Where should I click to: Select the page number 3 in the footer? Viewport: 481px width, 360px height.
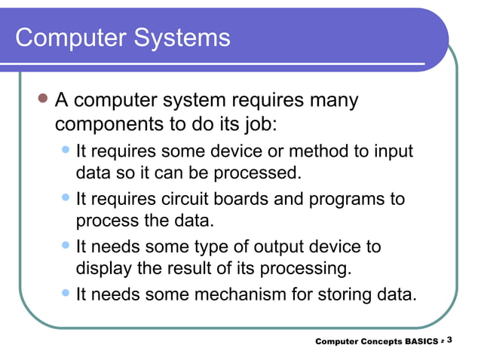pyautogui.click(x=449, y=340)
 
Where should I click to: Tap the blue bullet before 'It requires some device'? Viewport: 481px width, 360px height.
pyautogui.click(x=66, y=151)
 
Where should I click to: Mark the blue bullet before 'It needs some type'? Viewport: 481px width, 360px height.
pyautogui.click(x=66, y=246)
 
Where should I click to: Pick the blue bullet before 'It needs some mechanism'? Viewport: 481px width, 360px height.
pyautogui.click(x=66, y=292)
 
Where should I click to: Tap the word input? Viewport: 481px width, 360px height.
pyautogui.click(x=394, y=151)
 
